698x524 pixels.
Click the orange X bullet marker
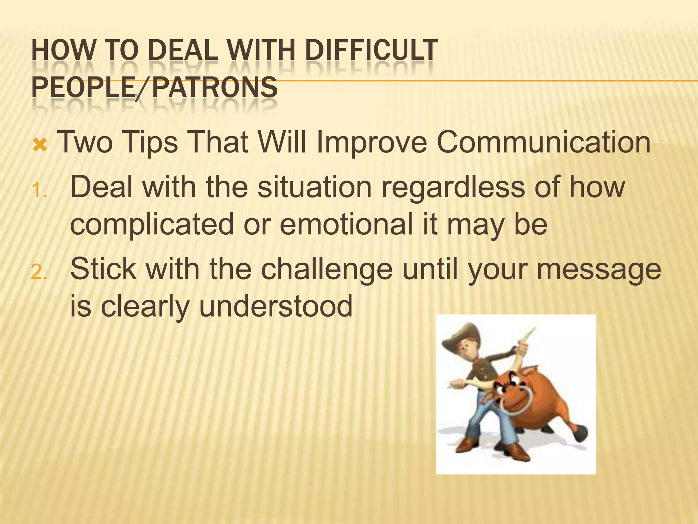[x=40, y=146]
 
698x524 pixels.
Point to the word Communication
[x=543, y=143]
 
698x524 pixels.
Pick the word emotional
[x=346, y=224]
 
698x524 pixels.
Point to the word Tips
[x=150, y=143]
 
